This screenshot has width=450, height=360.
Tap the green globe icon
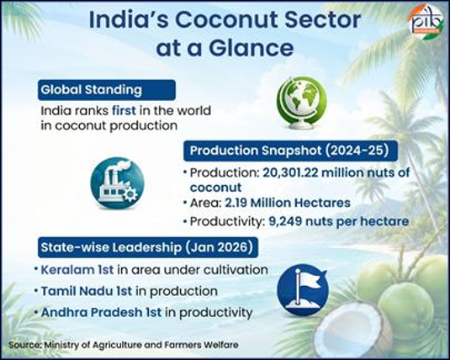click(301, 103)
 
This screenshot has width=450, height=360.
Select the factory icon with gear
click(117, 183)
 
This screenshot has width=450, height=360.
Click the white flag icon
click(303, 289)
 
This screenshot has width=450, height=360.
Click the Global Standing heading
click(92, 90)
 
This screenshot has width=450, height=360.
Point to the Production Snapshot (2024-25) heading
click(289, 151)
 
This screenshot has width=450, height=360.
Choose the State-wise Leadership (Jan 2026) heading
click(146, 247)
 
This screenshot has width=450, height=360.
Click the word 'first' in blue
click(124, 110)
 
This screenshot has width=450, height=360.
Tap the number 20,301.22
click(289, 172)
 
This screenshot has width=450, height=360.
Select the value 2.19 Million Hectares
click(288, 203)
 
